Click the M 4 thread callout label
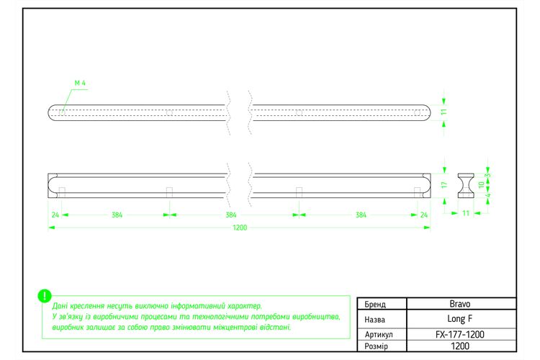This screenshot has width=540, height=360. pyautogui.click(x=80, y=83)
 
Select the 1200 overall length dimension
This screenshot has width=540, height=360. pyautogui.click(x=240, y=228)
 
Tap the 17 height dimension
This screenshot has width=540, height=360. pyautogui.click(x=444, y=185)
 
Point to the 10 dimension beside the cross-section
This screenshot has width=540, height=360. pyautogui.click(x=482, y=184)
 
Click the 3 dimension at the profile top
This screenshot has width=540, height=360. pyautogui.click(x=487, y=176)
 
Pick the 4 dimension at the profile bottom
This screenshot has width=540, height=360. pyautogui.click(x=487, y=195)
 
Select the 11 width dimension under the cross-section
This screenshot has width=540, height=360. pyautogui.click(x=466, y=213)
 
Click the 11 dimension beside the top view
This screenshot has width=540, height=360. pyautogui.click(x=444, y=112)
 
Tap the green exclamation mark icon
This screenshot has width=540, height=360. pyautogui.click(x=45, y=296)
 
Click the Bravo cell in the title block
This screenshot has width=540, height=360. pyautogui.click(x=460, y=304)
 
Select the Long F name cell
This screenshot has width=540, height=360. pyautogui.click(x=460, y=319)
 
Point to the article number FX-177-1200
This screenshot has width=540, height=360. pyautogui.click(x=460, y=335)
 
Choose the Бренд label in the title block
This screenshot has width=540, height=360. pyautogui.click(x=375, y=304)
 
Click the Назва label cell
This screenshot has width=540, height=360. pyautogui.click(x=374, y=320)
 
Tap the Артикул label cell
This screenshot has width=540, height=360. pyautogui.click(x=379, y=335)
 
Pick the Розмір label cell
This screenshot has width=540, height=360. pyautogui.click(x=376, y=346)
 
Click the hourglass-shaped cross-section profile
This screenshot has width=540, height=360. pyautogui.click(x=466, y=186)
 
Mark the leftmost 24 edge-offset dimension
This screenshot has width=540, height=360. pyautogui.click(x=55, y=215)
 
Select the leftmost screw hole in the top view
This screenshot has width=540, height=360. pyautogui.click(x=62, y=112)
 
